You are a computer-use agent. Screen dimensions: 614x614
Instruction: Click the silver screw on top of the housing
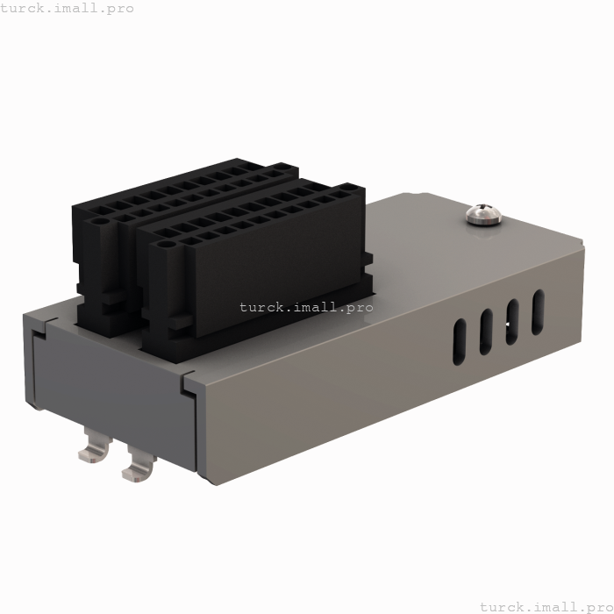[482, 214]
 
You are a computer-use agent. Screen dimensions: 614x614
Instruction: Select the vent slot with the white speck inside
[511, 321]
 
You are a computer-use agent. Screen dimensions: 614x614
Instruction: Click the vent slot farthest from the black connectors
[538, 311]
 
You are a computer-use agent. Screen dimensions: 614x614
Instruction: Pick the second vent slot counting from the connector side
[485, 332]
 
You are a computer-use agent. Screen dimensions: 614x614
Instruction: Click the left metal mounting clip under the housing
[94, 446]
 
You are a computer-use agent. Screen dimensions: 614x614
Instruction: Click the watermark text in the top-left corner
[67, 8]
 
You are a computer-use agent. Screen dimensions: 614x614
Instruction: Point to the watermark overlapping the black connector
[306, 307]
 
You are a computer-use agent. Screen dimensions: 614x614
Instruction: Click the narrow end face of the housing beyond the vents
[583, 294]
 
